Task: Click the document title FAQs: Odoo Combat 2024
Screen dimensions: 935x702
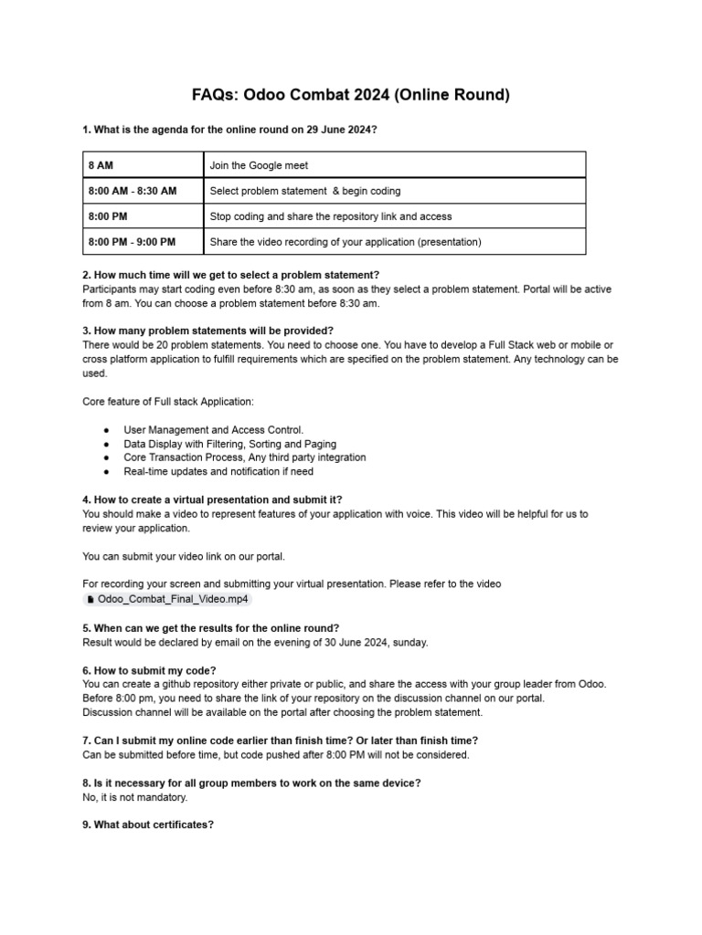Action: coord(351,95)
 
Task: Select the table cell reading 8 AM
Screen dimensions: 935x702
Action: coord(142,165)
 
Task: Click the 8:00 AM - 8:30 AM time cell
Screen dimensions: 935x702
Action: coord(142,191)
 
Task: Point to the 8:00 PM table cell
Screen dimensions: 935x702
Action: coord(142,216)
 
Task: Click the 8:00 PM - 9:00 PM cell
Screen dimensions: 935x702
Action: coord(142,242)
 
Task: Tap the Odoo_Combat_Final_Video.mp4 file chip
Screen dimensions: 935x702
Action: coord(166,599)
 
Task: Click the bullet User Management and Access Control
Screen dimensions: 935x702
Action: coord(213,429)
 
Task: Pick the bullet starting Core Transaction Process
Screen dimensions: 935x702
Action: coord(244,457)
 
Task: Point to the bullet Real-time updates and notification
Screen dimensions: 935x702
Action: coord(218,472)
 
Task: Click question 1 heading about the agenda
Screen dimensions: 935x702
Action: coord(229,131)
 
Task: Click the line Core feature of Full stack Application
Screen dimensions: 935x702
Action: coord(168,402)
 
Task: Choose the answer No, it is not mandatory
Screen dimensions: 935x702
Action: coord(135,797)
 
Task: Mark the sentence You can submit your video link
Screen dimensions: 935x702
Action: coord(188,556)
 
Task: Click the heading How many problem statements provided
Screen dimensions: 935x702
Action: coord(208,331)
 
